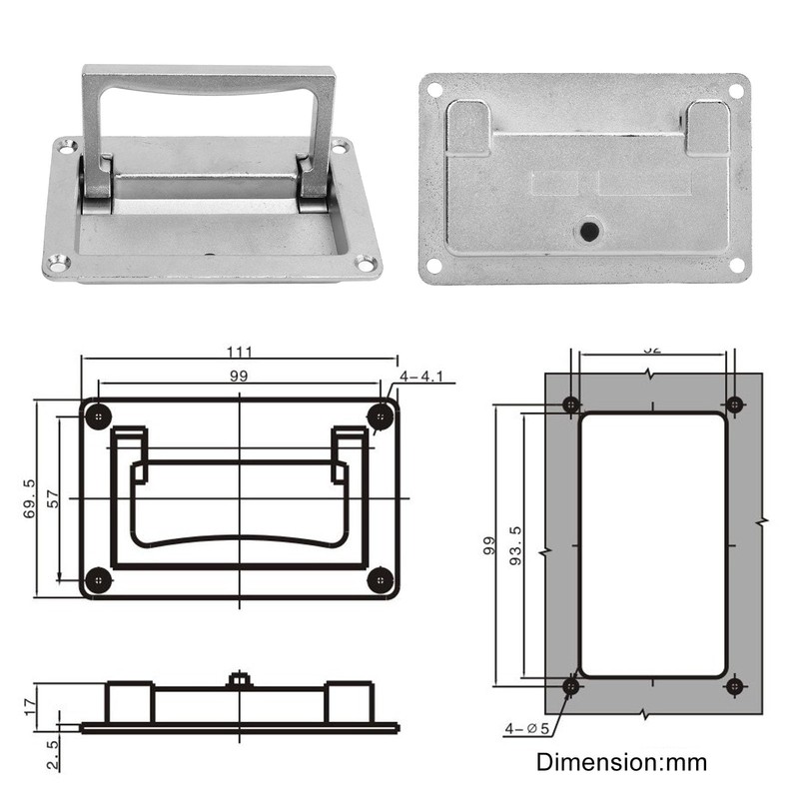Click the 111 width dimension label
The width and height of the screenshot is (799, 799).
(239, 352)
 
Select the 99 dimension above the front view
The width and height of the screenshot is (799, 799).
(239, 376)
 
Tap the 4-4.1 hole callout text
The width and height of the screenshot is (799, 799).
(427, 377)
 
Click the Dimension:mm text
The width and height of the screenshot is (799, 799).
(621, 763)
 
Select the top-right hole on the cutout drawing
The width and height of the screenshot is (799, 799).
(734, 404)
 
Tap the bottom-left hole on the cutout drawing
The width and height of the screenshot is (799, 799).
(571, 686)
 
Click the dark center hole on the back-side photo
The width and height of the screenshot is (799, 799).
(589, 232)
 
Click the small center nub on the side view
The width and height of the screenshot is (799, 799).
(238, 680)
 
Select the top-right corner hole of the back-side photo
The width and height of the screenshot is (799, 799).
(735, 91)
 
